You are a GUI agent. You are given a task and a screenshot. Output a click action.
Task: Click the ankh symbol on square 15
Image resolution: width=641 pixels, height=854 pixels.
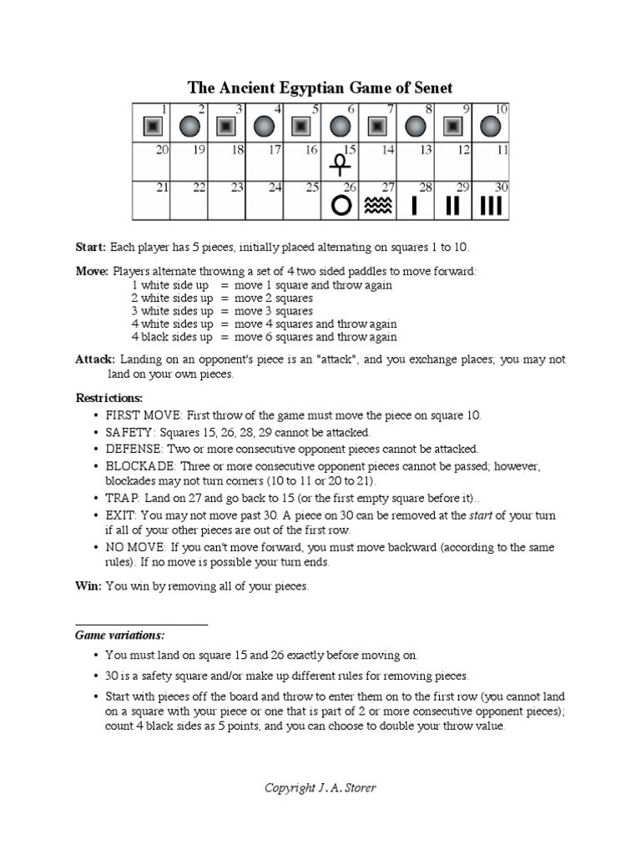point(340,163)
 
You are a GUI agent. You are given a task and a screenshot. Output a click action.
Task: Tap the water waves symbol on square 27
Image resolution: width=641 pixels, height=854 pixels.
point(378,205)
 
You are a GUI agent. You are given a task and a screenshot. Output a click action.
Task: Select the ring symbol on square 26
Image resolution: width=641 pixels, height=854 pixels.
point(341,205)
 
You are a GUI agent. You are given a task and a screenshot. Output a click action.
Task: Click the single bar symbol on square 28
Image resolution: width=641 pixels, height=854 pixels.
point(416,205)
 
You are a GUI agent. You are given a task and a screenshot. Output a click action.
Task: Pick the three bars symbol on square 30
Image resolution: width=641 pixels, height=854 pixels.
point(491,205)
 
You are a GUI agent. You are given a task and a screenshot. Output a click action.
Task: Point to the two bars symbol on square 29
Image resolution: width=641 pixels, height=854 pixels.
point(453,205)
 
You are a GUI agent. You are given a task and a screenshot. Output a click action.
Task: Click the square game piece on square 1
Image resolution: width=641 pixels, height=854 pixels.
point(152,127)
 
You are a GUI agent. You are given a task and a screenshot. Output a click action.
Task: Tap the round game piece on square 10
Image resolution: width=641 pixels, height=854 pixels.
point(491,127)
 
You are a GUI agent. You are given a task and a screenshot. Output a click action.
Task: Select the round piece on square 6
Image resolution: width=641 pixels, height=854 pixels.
point(340,127)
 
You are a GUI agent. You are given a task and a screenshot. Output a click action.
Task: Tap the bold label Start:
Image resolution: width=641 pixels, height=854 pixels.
point(91,247)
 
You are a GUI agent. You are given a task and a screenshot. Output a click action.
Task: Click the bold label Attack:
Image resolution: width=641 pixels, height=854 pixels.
point(94,359)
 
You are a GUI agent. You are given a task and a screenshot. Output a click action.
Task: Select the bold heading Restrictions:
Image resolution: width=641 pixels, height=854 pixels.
point(109,398)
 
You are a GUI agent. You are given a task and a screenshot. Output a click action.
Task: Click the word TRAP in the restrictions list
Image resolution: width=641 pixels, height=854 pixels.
point(121,498)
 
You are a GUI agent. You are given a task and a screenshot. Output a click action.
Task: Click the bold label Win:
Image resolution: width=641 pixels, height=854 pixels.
point(88,586)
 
